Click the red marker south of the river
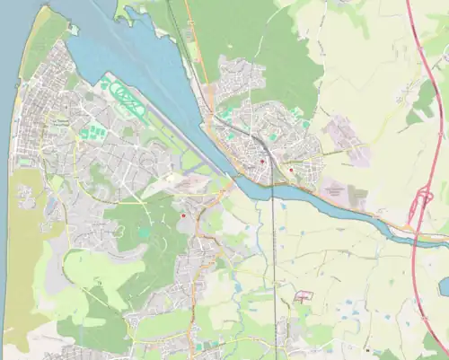tap(183, 215)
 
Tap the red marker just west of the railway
tap(261, 162)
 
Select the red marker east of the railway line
tap(291, 169)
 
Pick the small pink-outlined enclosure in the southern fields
tap(304, 295)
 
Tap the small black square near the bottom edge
tap(366, 348)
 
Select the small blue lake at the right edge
tap(445, 286)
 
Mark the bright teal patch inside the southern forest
tap(144, 233)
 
